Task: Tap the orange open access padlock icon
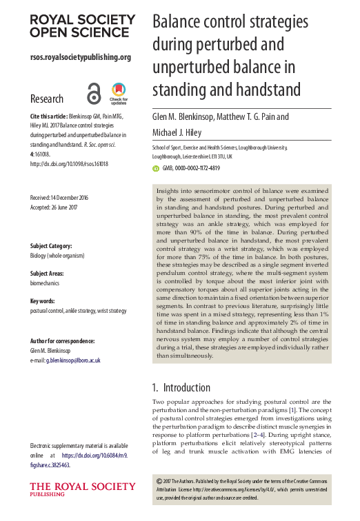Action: [x=94, y=93]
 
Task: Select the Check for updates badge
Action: [x=119, y=93]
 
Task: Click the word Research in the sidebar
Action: [x=47, y=99]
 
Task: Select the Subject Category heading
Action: [x=56, y=246]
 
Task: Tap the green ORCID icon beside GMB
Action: [x=155, y=167]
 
